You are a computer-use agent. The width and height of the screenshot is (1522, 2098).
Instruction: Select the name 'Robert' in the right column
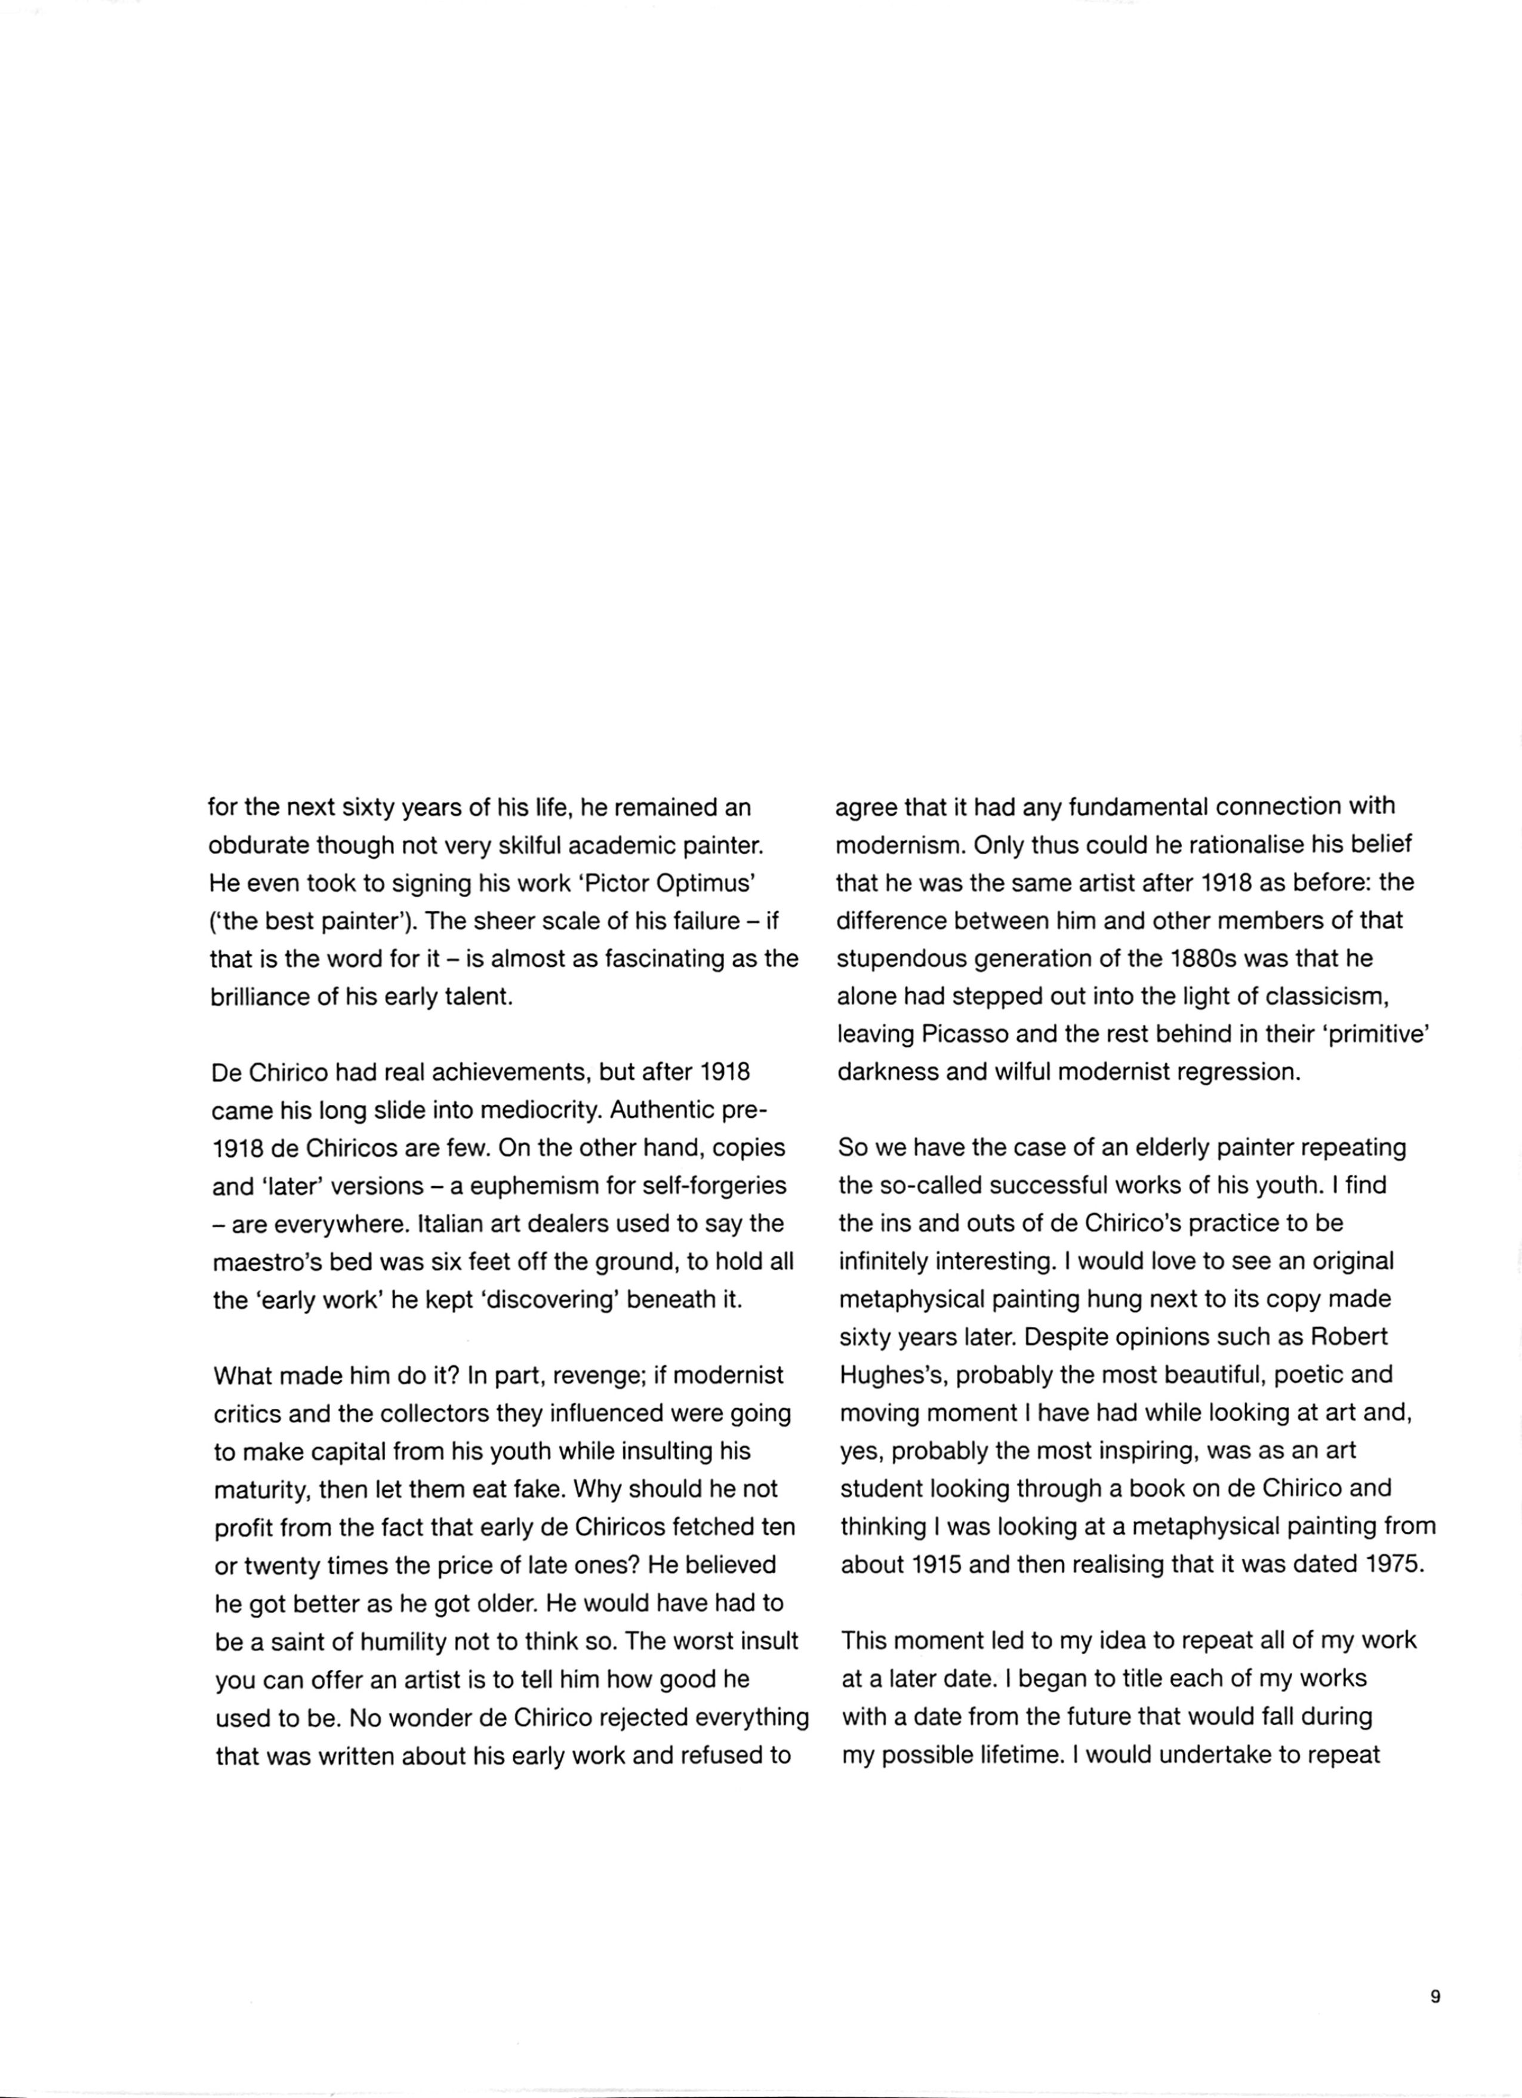tap(1350, 1338)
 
